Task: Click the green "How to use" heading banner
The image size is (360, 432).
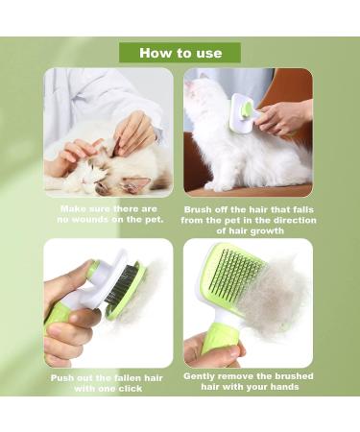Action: (x=180, y=53)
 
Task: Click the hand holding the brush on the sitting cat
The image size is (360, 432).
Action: (x=283, y=117)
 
